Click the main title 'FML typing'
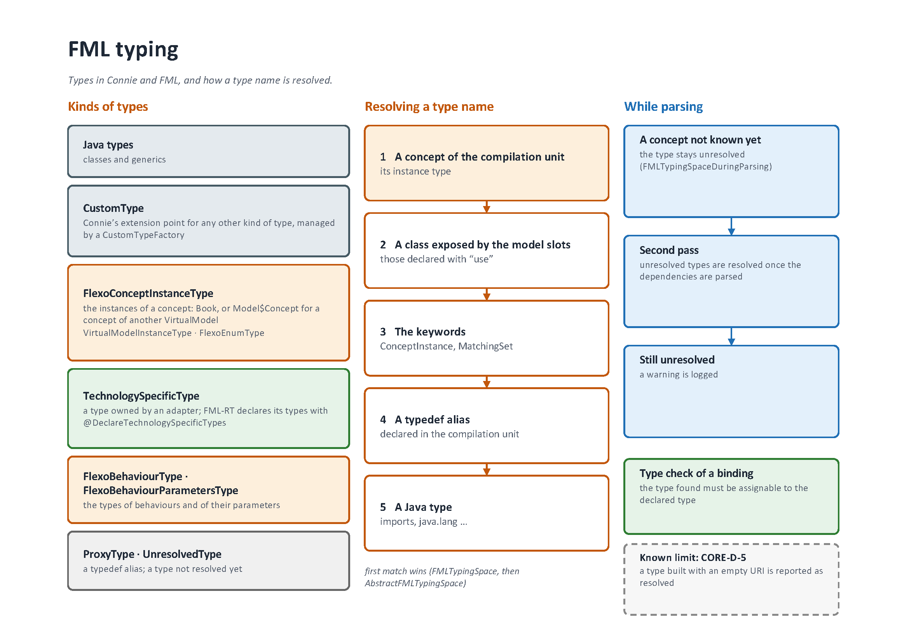point(123,50)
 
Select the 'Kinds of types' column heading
point(108,107)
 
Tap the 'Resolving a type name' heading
point(429,107)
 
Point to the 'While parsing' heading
point(663,107)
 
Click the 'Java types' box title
point(108,145)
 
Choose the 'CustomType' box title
point(113,208)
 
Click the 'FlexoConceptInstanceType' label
point(148,294)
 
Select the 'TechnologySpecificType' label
point(141,396)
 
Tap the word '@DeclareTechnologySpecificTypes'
point(154,423)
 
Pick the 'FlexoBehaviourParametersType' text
point(161,491)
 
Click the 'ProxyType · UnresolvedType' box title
point(152,554)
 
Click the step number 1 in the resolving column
point(383,157)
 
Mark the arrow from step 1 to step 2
point(487,207)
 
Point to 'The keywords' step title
point(430,332)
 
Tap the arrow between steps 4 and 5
point(487,470)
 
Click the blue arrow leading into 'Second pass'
point(731,227)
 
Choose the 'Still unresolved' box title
point(677,360)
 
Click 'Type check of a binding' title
point(696,474)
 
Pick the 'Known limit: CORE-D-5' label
point(693,558)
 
